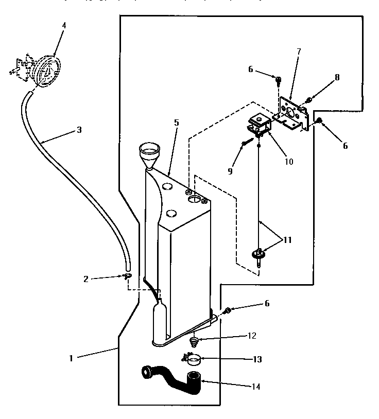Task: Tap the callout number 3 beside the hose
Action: tap(79, 130)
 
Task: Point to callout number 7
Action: tap(299, 51)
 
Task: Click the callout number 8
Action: tap(337, 77)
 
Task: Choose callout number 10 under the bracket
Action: tap(288, 161)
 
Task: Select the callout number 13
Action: tap(257, 359)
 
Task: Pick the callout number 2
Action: tap(86, 278)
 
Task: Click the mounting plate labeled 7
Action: tap(291, 114)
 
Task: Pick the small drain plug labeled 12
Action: tap(195, 341)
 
